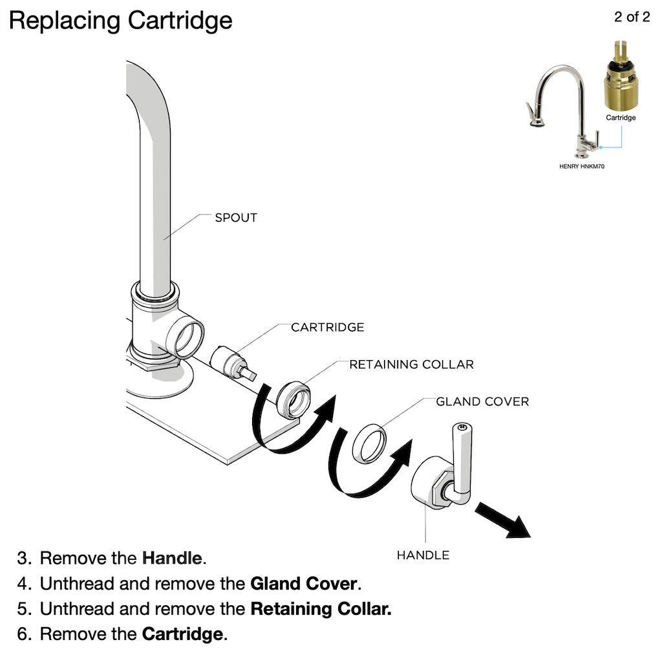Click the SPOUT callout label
(236, 218)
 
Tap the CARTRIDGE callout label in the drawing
(327, 327)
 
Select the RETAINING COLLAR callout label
(411, 365)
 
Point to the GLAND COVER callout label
(482, 401)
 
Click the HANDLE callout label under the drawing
(423, 555)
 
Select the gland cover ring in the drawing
(369, 443)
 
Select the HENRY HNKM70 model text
(582, 166)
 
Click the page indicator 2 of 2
(632, 17)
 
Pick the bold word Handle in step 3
(173, 557)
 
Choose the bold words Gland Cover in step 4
(303, 584)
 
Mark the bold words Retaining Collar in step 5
(321, 609)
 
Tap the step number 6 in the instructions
(24, 634)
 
